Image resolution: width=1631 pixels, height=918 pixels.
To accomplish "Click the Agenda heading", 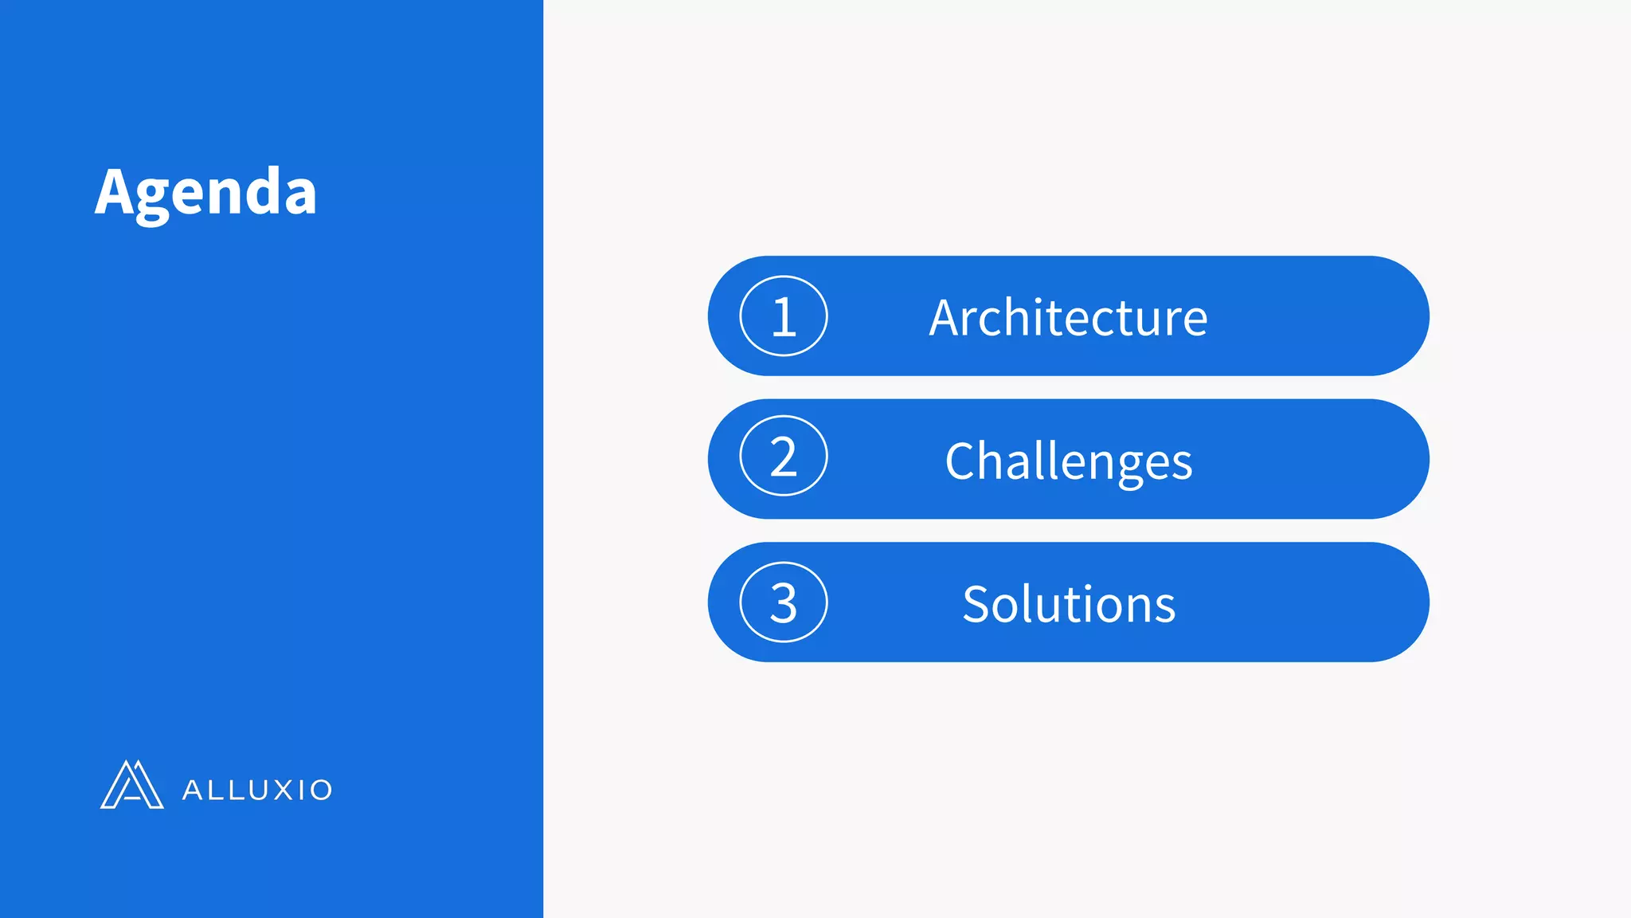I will pos(205,192).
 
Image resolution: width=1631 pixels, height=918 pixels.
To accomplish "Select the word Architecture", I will pos(1068,317).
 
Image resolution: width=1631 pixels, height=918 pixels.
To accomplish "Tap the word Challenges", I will pos(1068,461).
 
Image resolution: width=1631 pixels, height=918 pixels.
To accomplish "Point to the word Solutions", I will pos(1068,604).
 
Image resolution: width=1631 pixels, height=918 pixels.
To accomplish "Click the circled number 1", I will pos(784,316).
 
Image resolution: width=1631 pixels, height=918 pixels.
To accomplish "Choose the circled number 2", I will pos(784,456).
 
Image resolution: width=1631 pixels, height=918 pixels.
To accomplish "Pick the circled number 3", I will pos(784,602).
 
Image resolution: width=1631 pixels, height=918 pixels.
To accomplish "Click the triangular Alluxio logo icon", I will pos(131,785).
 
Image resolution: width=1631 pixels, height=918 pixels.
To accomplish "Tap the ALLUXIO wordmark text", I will pos(256,790).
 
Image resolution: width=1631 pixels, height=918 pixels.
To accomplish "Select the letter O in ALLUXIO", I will pos(320,790).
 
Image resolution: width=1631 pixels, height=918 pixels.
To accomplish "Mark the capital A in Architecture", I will pos(948,317).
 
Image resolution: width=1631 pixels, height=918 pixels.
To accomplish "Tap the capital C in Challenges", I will pos(962,461).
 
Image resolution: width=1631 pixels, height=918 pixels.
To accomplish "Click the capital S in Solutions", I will pos(976,604).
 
